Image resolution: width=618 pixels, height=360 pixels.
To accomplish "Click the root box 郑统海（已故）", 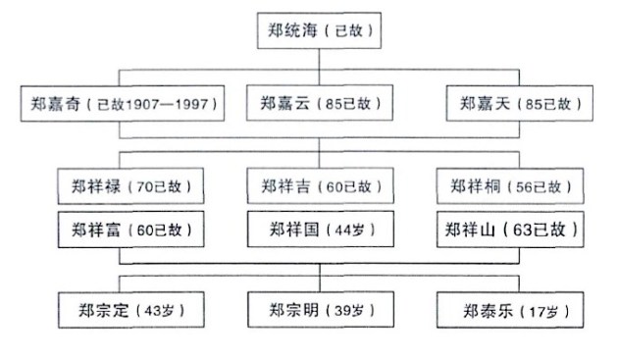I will [319, 31].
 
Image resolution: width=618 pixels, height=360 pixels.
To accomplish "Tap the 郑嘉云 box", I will [322, 102].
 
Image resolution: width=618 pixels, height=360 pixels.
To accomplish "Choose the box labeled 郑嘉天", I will [516, 102].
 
